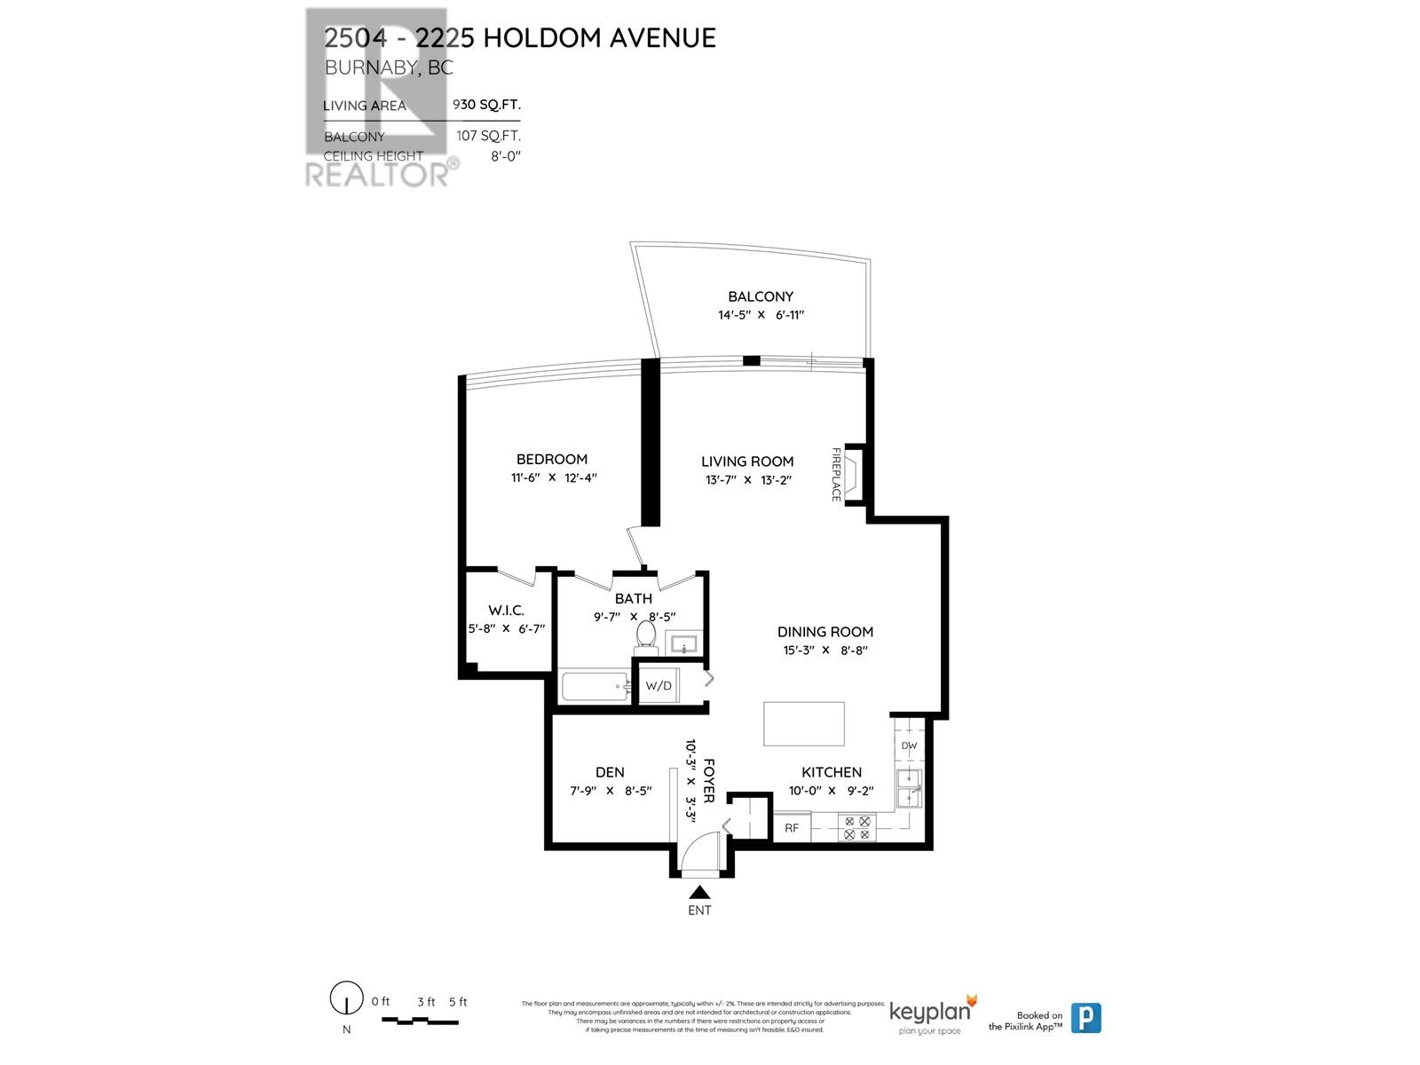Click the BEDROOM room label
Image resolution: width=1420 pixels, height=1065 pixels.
coord(552,459)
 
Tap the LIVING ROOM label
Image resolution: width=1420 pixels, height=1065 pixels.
coord(747,461)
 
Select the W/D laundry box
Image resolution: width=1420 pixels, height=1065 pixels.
coord(659,685)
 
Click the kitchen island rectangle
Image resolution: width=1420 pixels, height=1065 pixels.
coord(804,723)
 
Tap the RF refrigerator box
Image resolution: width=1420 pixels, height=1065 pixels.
coord(792,828)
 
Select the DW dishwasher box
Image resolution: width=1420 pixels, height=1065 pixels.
coord(909,745)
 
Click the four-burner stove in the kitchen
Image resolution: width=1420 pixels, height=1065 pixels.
coord(856,828)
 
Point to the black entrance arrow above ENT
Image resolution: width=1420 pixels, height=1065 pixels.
coord(699,892)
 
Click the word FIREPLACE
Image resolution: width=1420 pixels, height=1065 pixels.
coord(836,474)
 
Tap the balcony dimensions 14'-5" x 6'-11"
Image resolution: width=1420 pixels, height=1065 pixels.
coord(761,314)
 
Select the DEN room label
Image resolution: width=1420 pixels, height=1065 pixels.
coord(610,772)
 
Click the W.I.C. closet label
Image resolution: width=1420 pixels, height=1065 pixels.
coord(506,610)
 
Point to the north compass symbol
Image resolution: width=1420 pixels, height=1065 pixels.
coord(346,999)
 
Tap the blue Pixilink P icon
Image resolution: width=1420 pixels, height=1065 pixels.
coord(1085,1017)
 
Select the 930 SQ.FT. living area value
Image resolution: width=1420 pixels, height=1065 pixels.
coord(486,104)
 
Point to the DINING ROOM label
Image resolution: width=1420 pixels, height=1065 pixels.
coord(825,631)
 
